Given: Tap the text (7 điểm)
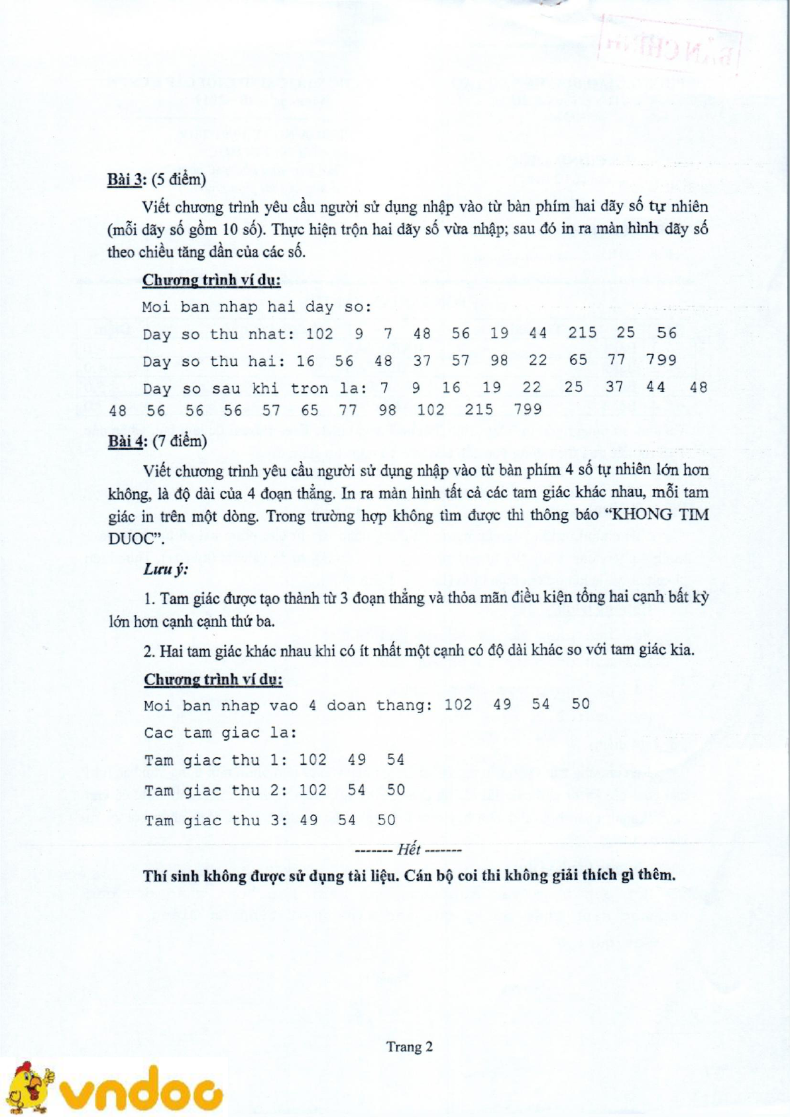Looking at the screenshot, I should pyautogui.click(x=180, y=441).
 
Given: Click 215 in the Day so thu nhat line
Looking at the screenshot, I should pyautogui.click(x=582, y=333).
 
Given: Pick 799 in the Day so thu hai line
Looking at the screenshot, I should pyautogui.click(x=661, y=360).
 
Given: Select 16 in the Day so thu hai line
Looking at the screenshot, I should pyautogui.click(x=306, y=361).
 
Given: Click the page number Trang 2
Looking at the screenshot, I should pyautogui.click(x=410, y=1047).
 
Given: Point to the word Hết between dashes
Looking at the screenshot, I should pyautogui.click(x=409, y=850).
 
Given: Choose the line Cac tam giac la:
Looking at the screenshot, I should pyautogui.click(x=220, y=733).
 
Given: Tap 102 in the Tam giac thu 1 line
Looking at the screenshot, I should pyautogui.click(x=313, y=760).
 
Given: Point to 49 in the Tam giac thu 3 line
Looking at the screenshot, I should pyautogui.click(x=309, y=821).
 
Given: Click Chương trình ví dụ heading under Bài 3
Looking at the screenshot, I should pyautogui.click(x=211, y=280).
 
